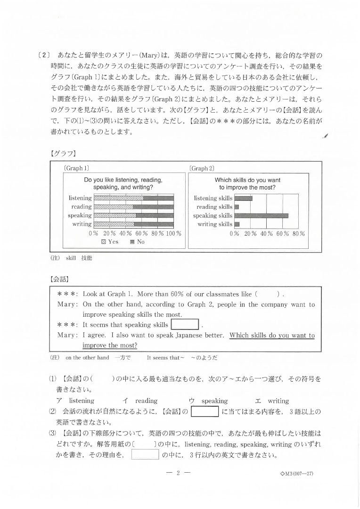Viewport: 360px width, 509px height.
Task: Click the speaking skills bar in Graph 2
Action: (261, 215)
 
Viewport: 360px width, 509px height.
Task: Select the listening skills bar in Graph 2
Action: (243, 198)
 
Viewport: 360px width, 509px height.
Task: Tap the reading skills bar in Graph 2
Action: (237, 207)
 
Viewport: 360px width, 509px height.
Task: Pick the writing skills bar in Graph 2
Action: (237, 224)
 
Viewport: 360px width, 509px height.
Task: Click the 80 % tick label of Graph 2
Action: (298, 233)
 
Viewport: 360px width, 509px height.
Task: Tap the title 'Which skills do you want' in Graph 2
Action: (247, 180)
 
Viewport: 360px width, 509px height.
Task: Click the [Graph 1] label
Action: (76, 168)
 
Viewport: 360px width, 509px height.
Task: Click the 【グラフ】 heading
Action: (63, 153)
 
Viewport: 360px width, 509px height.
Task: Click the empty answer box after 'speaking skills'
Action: (184, 325)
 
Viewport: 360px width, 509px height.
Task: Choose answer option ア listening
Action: (75, 401)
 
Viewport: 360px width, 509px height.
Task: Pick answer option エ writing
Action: (272, 401)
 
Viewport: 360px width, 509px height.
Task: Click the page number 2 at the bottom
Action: (179, 474)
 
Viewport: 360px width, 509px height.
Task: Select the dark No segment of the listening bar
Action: (158, 198)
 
